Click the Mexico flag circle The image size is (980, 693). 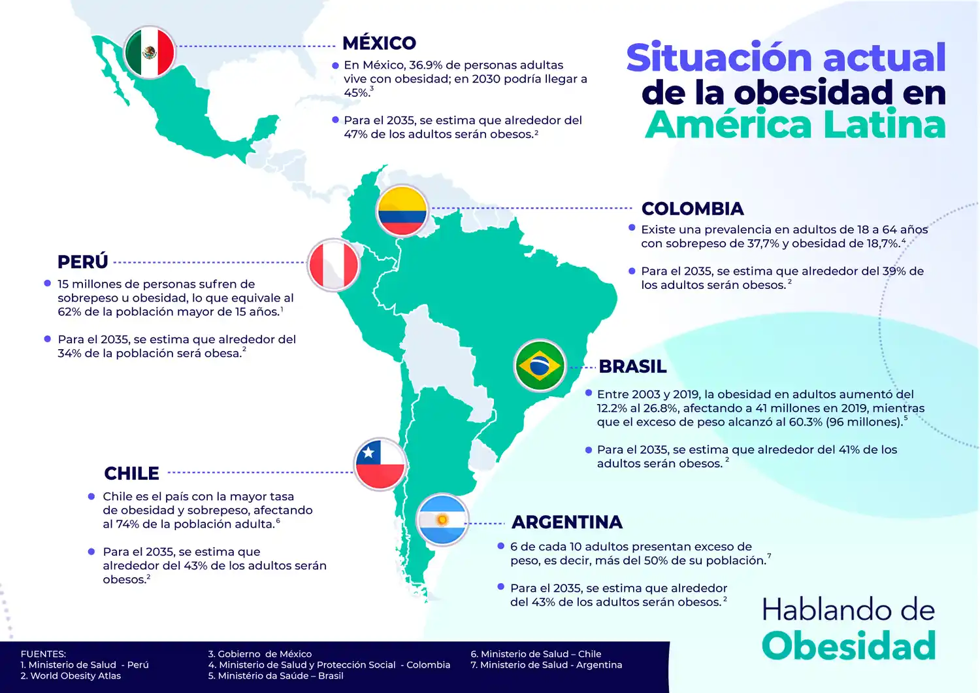(x=150, y=52)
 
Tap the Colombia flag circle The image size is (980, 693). (x=402, y=211)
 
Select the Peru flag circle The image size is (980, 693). (x=333, y=265)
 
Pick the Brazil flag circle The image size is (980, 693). (x=540, y=365)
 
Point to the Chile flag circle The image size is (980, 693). (x=380, y=464)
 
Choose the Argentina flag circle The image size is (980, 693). (x=442, y=520)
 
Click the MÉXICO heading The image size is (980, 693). (x=379, y=43)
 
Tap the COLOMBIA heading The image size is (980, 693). (x=693, y=209)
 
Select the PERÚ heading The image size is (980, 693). (x=82, y=262)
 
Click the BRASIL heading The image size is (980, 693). (x=632, y=367)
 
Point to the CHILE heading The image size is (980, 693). (x=131, y=473)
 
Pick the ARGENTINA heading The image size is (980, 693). (x=567, y=522)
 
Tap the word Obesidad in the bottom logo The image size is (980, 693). (x=849, y=646)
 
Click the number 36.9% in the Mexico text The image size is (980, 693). (x=425, y=65)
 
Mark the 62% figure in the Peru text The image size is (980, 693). (x=69, y=312)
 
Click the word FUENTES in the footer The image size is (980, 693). (x=43, y=654)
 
